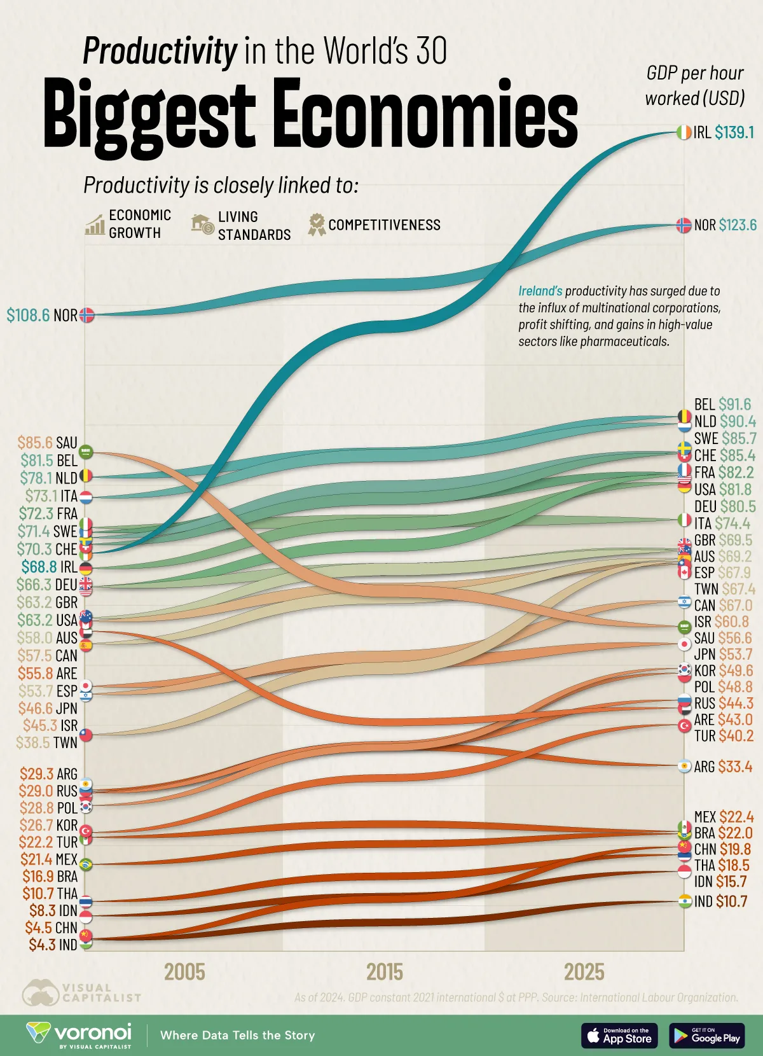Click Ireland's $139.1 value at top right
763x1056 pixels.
tap(734, 132)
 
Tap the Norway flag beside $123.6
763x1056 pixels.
tap(684, 225)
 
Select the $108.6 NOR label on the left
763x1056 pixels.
tap(42, 315)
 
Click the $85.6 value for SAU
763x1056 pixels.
tap(34, 442)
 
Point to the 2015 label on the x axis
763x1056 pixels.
tap(384, 972)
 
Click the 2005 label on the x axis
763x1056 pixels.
tap(184, 972)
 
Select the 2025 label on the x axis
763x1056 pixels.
tap(584, 972)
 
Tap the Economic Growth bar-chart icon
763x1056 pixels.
tap(95, 225)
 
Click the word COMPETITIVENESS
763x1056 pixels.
tap(384, 225)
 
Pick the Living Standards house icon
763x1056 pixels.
tap(202, 224)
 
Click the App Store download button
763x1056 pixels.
tap(619, 1036)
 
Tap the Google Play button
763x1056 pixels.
tap(706, 1036)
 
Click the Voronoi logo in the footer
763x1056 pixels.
tap(79, 1035)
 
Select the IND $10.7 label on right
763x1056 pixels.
tap(720, 901)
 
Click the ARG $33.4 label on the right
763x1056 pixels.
tap(723, 767)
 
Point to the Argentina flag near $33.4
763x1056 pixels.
tap(684, 766)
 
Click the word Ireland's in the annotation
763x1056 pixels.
tap(540, 291)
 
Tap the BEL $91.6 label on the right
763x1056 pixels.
tap(722, 405)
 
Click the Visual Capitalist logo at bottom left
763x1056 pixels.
tap(81, 992)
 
